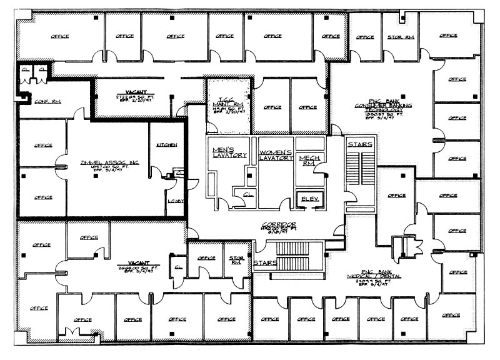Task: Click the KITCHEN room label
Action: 167,145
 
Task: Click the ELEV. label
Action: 310,199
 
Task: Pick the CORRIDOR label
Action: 279,224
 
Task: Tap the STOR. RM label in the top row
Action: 400,37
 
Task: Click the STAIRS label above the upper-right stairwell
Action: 359,145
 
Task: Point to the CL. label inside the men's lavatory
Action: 240,194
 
